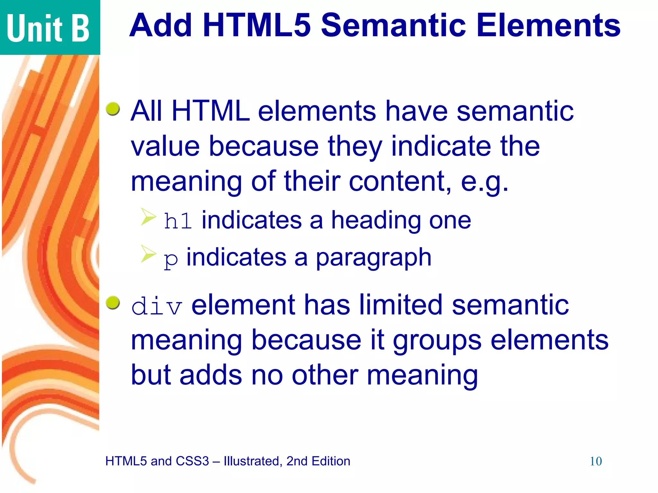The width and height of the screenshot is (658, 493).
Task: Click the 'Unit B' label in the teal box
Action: coord(48,28)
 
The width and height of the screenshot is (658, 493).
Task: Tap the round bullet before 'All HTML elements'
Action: coord(113,109)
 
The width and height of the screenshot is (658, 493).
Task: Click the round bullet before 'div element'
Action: coord(113,303)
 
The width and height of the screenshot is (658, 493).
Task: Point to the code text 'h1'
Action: coord(178,221)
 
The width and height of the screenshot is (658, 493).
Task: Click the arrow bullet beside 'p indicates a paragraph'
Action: coord(148,254)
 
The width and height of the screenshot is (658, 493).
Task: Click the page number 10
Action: coord(595,462)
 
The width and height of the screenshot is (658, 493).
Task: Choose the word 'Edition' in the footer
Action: coord(331,461)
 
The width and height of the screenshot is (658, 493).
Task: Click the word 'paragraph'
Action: coord(373,258)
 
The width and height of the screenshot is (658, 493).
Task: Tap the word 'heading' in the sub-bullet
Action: coord(376,221)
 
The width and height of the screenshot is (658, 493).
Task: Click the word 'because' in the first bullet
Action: coord(263,146)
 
